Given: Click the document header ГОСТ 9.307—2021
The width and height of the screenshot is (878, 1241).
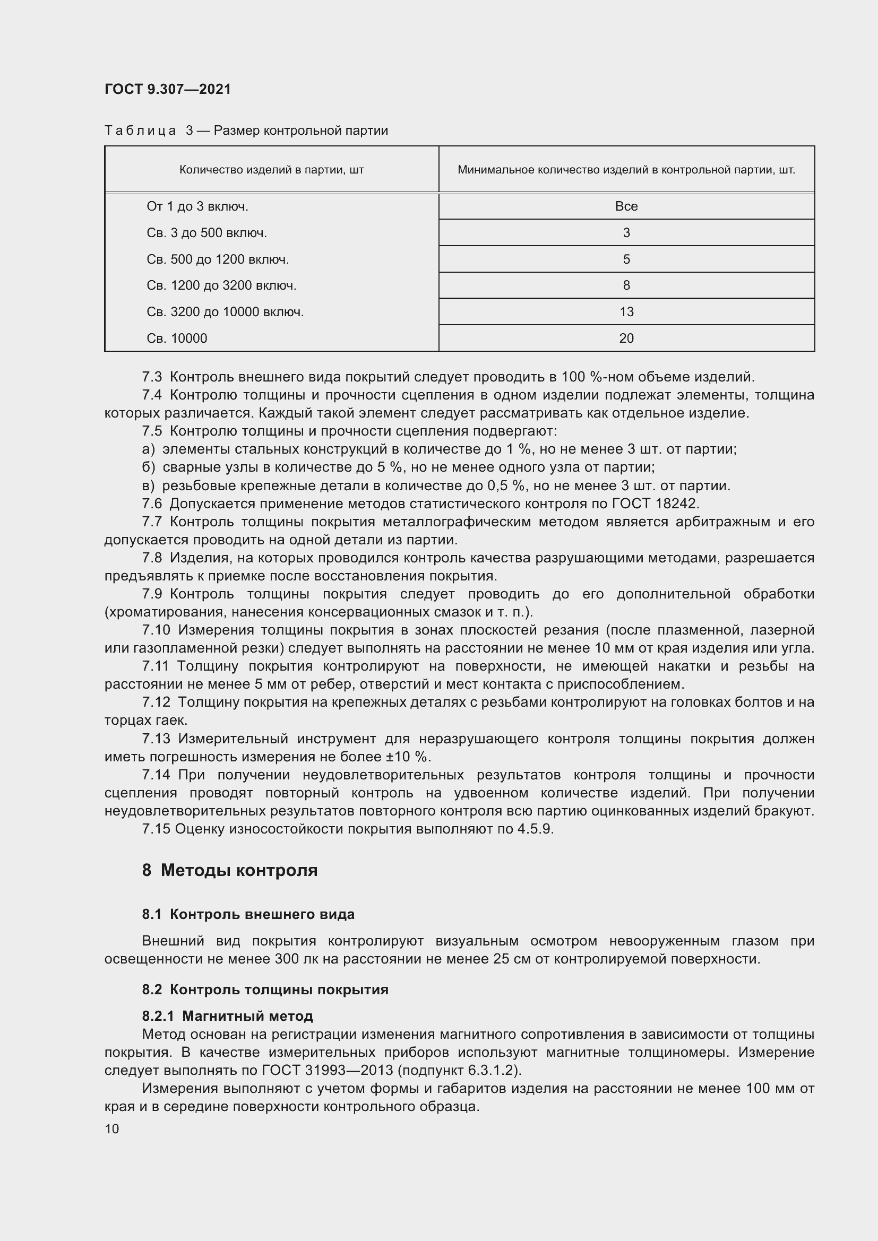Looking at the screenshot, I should [168, 89].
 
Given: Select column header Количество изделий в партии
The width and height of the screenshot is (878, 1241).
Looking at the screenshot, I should [271, 170].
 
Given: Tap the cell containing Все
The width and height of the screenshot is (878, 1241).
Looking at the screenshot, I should [626, 206].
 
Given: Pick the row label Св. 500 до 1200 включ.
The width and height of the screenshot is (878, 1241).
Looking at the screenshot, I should [217, 259].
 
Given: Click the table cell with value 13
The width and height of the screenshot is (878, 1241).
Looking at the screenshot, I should [626, 312].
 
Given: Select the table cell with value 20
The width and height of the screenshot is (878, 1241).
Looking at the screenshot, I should [626, 339].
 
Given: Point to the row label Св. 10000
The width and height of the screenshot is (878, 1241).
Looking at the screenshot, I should [177, 339].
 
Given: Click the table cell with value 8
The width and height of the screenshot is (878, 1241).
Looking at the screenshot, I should [626, 285].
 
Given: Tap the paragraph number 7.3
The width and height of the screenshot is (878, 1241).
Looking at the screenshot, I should [152, 377].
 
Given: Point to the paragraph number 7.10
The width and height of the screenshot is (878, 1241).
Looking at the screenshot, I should [156, 630].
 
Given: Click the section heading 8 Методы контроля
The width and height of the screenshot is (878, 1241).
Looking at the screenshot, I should [230, 871].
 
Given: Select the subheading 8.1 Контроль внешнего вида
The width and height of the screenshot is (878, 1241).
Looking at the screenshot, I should [248, 915].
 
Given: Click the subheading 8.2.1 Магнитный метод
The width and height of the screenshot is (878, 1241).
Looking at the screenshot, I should [228, 1016].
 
